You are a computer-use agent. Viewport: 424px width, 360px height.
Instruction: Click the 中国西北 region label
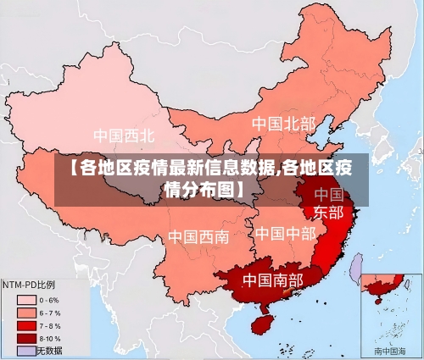pos(124,135)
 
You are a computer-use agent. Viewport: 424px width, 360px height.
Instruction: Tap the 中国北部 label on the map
pos(283,124)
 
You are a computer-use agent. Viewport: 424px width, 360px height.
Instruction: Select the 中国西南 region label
pos(198,236)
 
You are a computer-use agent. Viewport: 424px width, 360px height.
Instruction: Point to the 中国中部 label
pos(285,232)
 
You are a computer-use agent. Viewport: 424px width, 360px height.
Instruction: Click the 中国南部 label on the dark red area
pos(272,279)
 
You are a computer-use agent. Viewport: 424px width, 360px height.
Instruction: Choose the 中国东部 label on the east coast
pos(328,202)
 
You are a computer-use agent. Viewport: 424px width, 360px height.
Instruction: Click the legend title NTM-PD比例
pos(29,284)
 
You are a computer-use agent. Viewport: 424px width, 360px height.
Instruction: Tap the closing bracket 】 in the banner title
pos(243,187)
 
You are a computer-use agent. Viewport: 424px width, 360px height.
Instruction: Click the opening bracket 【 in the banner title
pos(71,167)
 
